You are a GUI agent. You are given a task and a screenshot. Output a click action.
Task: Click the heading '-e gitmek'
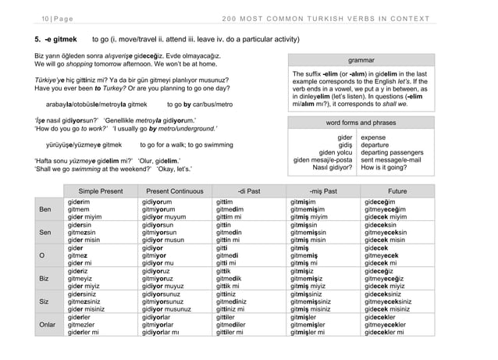click(x=54, y=37)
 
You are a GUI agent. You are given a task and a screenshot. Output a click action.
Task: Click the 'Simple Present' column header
click(x=101, y=191)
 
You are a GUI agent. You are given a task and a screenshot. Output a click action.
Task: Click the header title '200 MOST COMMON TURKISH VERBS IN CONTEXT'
click(x=321, y=16)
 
